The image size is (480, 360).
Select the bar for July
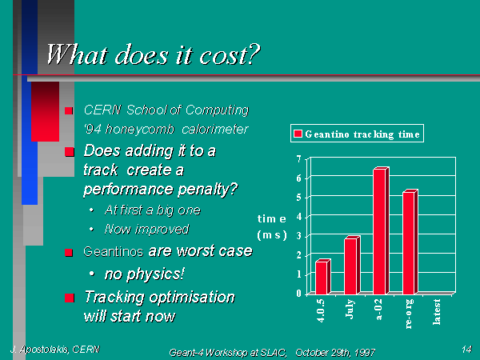[x=352, y=265]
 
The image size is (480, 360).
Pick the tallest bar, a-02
[x=381, y=230]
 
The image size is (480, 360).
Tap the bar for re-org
[x=410, y=242]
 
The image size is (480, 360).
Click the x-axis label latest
[x=437, y=312]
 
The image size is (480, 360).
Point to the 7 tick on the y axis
[x=299, y=159]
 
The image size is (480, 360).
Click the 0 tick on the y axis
[x=299, y=294]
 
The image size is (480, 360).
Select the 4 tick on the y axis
[x=299, y=217]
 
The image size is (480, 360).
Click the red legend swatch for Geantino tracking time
[x=298, y=134]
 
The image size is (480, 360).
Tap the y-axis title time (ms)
[x=272, y=227]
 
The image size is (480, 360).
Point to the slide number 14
[x=467, y=349]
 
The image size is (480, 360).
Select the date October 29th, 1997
[x=335, y=353]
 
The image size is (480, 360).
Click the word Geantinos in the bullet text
[x=114, y=252]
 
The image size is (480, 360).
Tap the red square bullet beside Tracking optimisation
[x=70, y=298]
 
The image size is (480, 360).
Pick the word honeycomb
[x=140, y=130]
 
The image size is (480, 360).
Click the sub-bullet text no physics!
[x=145, y=274]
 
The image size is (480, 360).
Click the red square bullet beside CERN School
[x=69, y=111]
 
